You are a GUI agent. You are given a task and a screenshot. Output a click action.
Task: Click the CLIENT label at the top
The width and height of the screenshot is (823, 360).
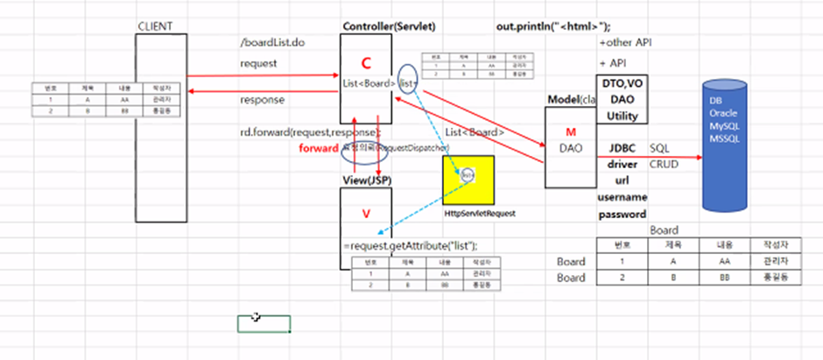point(155,26)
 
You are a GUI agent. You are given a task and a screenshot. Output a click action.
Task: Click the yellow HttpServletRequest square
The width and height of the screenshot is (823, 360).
point(468,181)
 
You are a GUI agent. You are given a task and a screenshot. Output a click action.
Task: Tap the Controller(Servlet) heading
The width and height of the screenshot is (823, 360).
point(389,26)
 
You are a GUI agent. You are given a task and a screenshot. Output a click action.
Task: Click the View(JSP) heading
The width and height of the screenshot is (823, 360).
point(368,180)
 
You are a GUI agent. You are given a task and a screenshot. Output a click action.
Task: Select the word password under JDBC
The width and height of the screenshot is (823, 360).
point(622,214)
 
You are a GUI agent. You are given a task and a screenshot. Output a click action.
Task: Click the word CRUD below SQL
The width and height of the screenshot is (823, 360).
point(664,164)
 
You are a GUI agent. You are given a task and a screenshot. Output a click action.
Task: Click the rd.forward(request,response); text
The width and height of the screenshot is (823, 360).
point(310,131)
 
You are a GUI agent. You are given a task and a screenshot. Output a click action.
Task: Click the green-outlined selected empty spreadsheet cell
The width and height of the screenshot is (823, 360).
point(264,324)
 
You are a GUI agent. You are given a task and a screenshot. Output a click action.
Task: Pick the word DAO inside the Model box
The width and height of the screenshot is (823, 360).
point(570,149)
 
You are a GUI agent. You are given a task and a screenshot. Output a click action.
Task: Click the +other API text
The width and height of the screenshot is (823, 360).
point(625,42)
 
